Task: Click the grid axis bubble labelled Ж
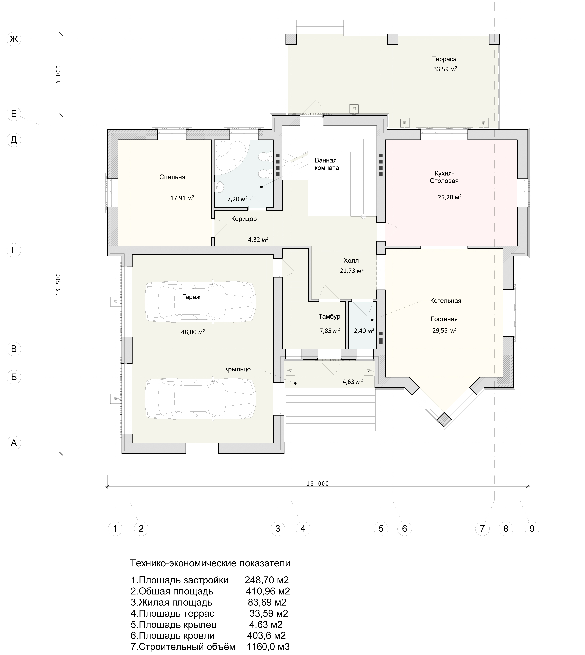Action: pyautogui.click(x=14, y=39)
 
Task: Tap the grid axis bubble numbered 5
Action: pyautogui.click(x=381, y=529)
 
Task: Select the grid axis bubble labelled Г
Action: pyautogui.click(x=14, y=250)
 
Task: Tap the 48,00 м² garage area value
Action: pyautogui.click(x=193, y=332)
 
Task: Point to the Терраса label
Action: pyautogui.click(x=444, y=59)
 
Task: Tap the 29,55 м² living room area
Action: pyautogui.click(x=444, y=330)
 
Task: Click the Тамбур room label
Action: pyautogui.click(x=329, y=317)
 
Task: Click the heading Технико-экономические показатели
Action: pyautogui.click(x=210, y=563)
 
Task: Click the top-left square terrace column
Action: pyautogui.click(x=291, y=39)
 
